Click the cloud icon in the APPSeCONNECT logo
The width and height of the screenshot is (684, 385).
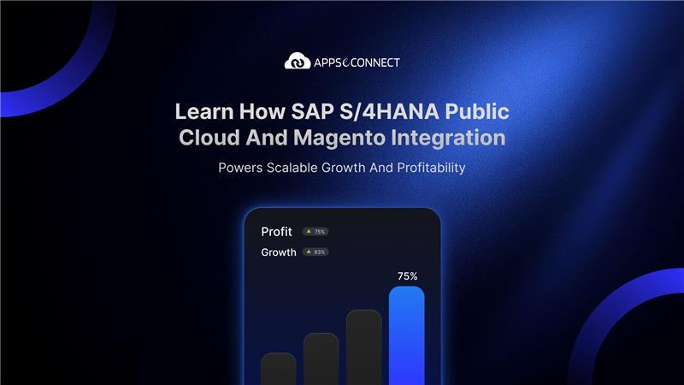click(297, 62)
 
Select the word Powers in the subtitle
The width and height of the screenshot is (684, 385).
click(239, 168)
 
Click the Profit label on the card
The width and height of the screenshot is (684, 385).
click(276, 232)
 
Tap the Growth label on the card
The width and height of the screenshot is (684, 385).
click(279, 252)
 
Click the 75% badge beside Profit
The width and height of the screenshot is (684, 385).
click(315, 232)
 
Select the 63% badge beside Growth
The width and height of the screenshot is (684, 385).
click(315, 252)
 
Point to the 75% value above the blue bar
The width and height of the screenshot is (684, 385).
click(407, 276)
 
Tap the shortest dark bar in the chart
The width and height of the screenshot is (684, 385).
click(279, 369)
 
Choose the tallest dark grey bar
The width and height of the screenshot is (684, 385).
click(364, 347)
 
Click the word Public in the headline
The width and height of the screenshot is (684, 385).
click(480, 112)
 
